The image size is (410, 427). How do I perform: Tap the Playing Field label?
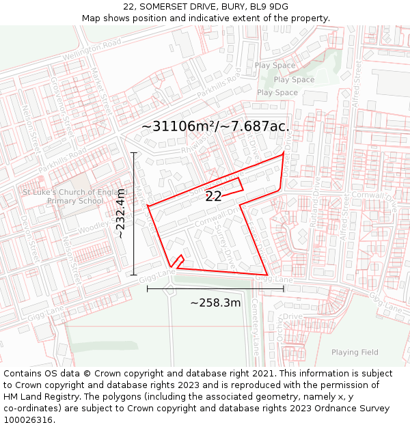(355, 353)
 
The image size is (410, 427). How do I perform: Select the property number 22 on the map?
(213, 196)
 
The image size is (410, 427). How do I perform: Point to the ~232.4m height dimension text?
(120, 213)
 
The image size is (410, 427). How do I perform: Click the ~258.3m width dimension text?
(215, 303)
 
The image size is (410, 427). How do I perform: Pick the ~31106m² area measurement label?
(215, 126)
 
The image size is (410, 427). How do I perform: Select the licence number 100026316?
(27, 419)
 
